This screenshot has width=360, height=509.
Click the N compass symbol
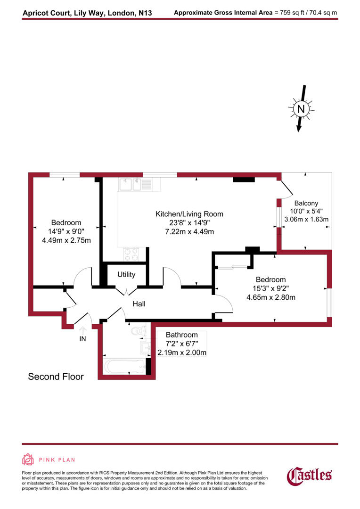click(x=300, y=109)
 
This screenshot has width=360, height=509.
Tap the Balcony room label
click(x=307, y=203)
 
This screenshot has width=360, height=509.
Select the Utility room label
click(x=126, y=274)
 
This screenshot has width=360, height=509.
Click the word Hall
click(x=139, y=304)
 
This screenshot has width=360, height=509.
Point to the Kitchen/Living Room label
click(x=189, y=214)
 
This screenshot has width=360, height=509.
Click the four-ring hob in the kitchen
click(x=131, y=254)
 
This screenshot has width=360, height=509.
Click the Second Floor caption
click(x=56, y=377)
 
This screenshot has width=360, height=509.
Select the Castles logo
click(x=310, y=476)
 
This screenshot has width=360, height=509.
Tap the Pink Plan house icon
click(x=28, y=459)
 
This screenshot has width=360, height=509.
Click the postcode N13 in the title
click(x=145, y=13)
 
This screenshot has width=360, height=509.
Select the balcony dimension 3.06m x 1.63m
click(x=306, y=220)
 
